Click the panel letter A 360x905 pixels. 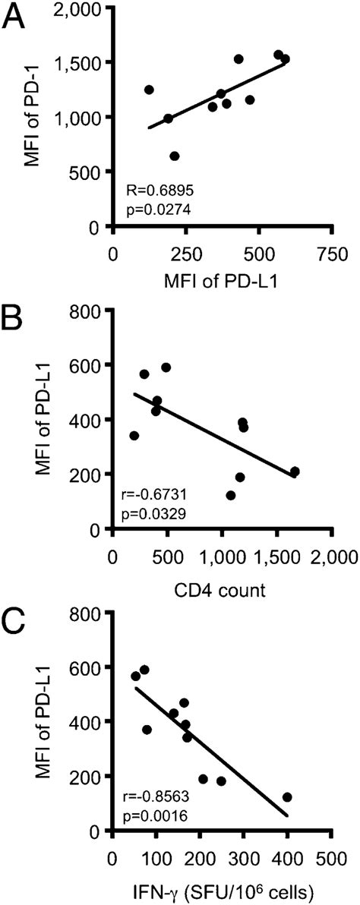(17, 17)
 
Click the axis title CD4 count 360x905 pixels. (223, 588)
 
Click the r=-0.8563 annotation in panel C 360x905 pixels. (156, 796)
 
